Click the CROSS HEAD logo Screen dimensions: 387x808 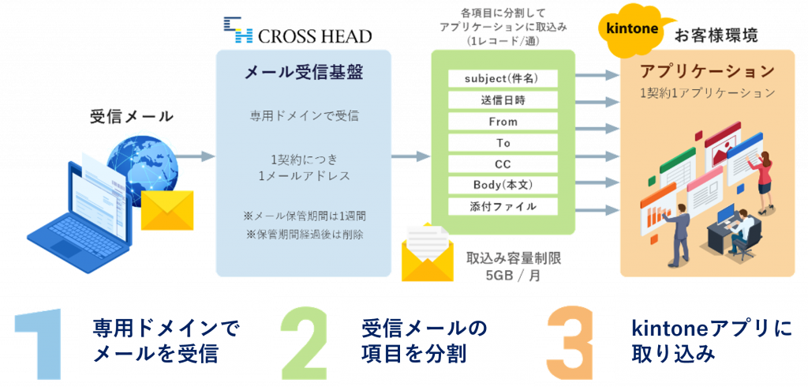click(x=297, y=33)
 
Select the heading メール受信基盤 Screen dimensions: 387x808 click(x=303, y=73)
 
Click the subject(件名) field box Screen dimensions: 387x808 click(x=503, y=79)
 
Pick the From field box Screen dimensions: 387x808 click(x=503, y=122)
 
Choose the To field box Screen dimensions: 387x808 click(x=503, y=143)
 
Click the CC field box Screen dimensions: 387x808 click(x=503, y=164)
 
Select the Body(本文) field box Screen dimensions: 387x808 click(x=503, y=186)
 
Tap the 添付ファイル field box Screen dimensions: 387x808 click(x=503, y=207)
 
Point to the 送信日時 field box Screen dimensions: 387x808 click(x=503, y=100)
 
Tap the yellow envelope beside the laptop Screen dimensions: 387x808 click(x=167, y=209)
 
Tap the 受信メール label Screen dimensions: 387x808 click(x=132, y=117)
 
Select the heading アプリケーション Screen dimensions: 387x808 click(x=708, y=71)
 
